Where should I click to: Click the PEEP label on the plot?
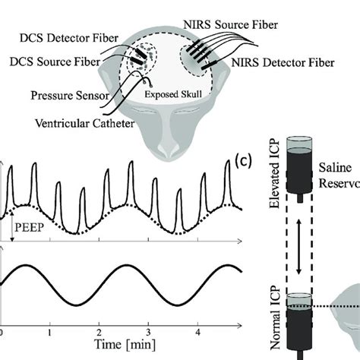27,226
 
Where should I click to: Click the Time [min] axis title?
123,346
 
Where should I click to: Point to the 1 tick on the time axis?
50,333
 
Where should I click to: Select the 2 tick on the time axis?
99,333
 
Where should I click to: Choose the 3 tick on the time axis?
149,333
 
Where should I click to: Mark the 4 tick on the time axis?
198,333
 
